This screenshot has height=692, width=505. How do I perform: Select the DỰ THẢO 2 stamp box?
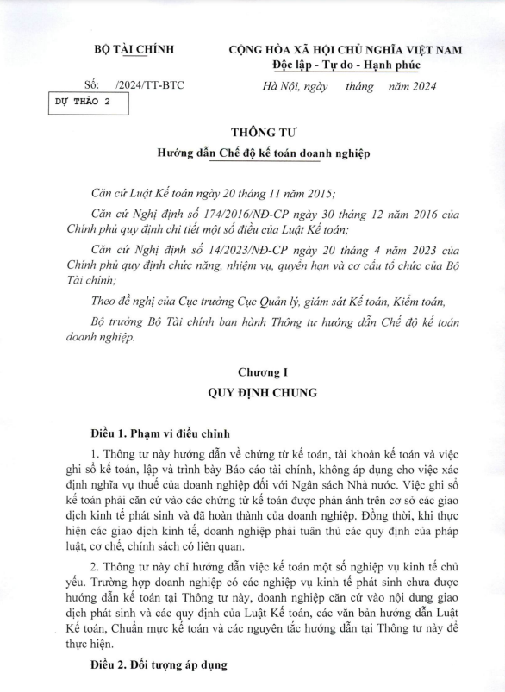pos(89,104)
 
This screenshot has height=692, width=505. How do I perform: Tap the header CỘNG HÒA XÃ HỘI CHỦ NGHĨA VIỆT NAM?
pos(346,50)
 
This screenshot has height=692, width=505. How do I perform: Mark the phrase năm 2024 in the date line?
pos(412,85)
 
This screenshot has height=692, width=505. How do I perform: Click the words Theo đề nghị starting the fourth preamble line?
pos(122,301)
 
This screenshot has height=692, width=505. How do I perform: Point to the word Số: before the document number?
pos(92,85)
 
